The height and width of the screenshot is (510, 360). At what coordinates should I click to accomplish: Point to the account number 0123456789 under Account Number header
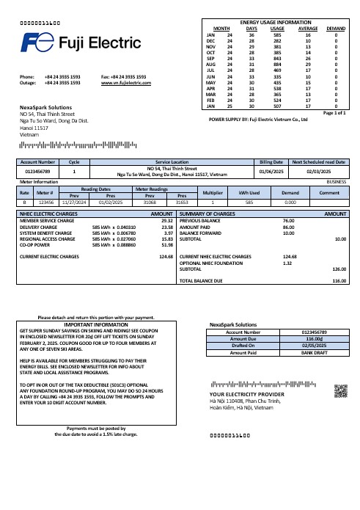pos(37,171)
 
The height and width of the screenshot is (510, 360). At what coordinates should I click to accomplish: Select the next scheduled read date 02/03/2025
pos(319,171)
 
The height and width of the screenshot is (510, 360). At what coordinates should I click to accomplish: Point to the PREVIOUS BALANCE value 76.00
pos(288,220)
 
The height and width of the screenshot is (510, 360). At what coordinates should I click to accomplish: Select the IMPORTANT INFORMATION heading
pos(96,324)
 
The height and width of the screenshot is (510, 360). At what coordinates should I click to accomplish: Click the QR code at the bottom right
pos(341,390)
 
